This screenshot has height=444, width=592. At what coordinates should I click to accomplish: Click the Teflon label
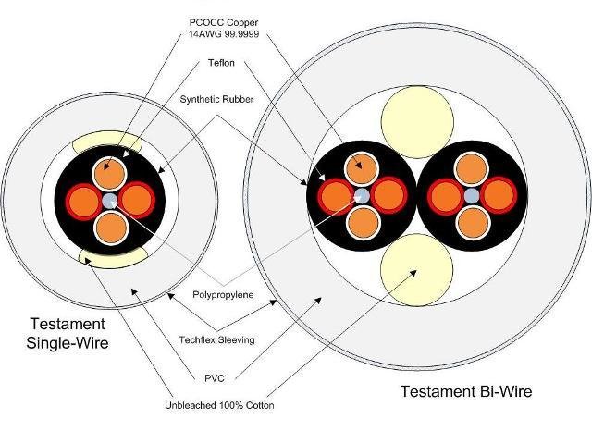(x=221, y=63)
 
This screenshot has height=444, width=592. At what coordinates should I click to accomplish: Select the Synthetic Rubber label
(x=216, y=99)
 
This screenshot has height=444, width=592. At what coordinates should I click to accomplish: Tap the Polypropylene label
(x=223, y=294)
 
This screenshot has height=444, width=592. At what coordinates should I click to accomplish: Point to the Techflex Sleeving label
(x=217, y=339)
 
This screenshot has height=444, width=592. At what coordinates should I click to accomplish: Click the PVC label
(x=215, y=378)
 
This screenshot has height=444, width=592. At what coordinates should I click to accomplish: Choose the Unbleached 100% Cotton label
(x=219, y=405)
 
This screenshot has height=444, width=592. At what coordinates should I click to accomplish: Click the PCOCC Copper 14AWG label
(x=224, y=28)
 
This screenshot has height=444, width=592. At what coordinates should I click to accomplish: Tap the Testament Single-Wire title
(x=68, y=333)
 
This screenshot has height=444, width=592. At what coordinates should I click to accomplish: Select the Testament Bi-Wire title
(x=466, y=391)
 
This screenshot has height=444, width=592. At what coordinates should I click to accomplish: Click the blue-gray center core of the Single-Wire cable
(x=110, y=201)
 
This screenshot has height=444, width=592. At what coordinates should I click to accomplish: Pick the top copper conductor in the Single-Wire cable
(x=109, y=174)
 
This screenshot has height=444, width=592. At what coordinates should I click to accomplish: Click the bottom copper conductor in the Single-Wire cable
(x=111, y=228)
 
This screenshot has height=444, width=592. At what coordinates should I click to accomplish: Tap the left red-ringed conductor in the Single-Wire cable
(x=84, y=201)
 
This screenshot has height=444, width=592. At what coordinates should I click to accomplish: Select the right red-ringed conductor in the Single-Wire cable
(x=137, y=200)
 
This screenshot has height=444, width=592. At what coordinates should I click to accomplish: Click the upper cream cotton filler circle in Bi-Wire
(x=417, y=121)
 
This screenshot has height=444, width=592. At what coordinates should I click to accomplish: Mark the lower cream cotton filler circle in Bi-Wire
(x=417, y=269)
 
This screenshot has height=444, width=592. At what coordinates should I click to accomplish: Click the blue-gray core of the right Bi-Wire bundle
(x=472, y=196)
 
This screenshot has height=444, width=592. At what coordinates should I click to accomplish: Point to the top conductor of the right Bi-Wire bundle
(x=471, y=168)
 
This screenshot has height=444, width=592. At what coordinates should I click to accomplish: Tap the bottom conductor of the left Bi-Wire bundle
(x=364, y=222)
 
